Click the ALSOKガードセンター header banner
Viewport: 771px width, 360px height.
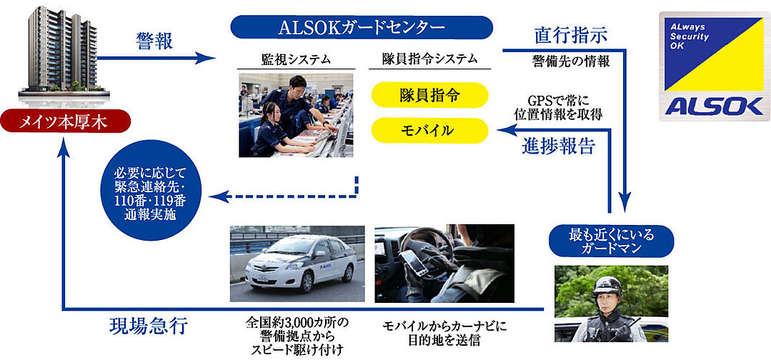point(362,27)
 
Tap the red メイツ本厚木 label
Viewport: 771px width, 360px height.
point(65,121)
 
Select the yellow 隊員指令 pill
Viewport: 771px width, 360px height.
point(429,94)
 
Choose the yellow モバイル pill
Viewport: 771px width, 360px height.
point(429,130)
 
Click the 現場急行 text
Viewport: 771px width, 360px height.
point(148,327)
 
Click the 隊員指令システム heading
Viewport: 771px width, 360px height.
point(429,60)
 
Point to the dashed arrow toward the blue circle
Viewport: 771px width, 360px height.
point(286,194)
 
